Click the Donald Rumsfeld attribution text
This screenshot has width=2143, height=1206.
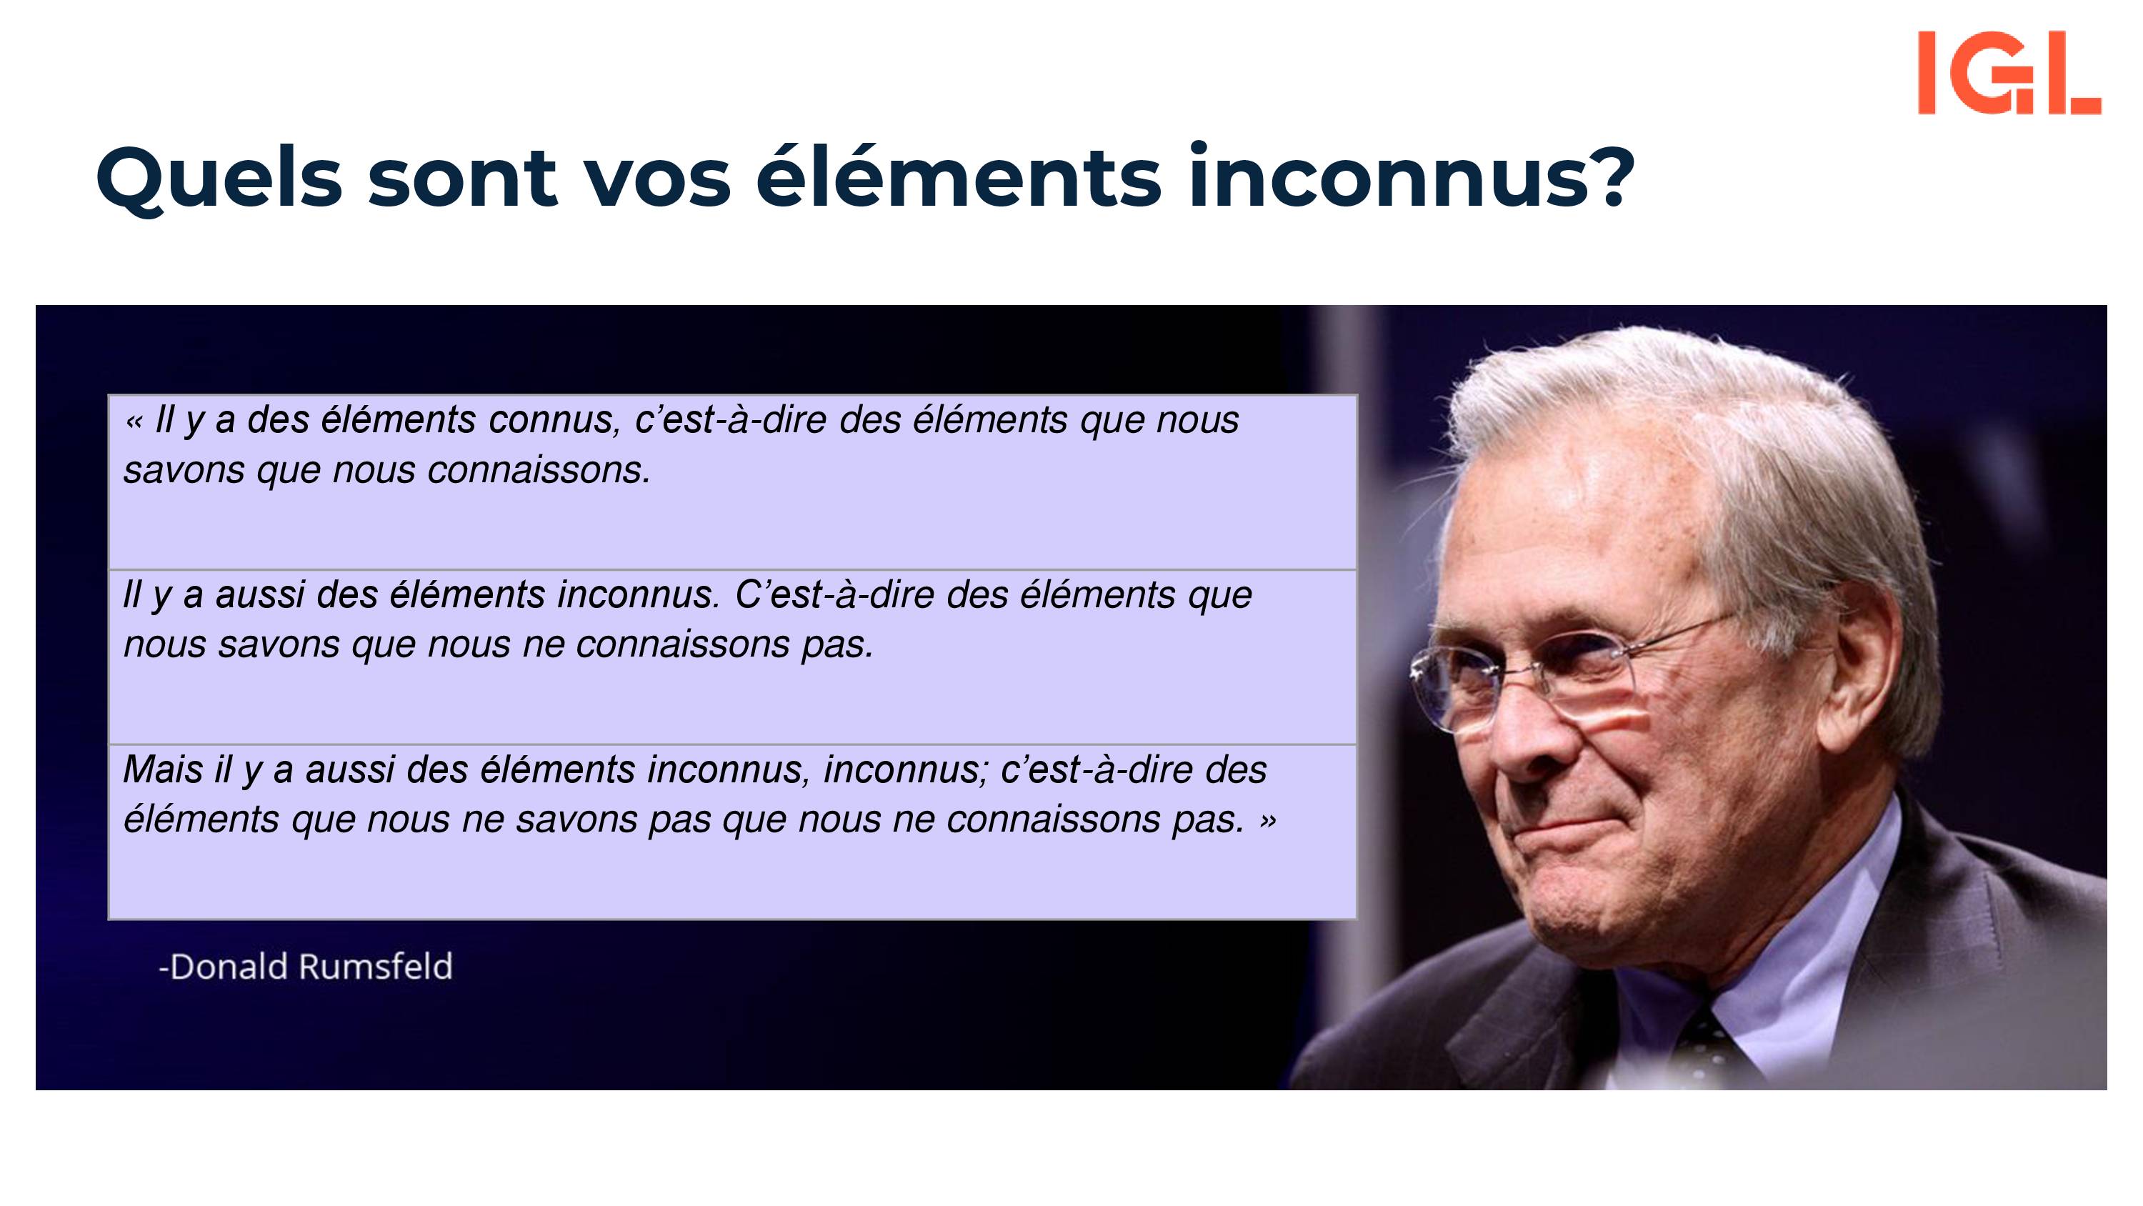point(305,966)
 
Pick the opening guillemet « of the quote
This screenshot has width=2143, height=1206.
point(134,423)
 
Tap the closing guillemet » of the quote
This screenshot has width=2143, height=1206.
point(1267,822)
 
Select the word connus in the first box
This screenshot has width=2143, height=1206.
point(555,421)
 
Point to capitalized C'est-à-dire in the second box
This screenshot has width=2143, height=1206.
point(834,595)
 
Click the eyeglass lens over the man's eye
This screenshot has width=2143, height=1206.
point(1581,678)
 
